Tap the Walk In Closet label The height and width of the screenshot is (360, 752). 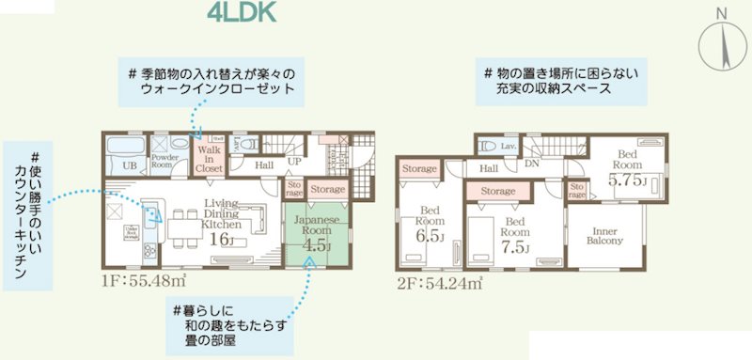(209, 159)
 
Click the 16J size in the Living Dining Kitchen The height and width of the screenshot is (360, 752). (222, 240)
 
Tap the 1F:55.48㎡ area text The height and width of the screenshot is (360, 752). (145, 281)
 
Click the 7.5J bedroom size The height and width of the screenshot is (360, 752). (515, 247)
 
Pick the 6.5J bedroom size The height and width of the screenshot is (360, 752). (429, 236)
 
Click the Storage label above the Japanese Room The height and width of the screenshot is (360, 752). (326, 190)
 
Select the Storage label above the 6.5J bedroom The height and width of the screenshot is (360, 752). (419, 169)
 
